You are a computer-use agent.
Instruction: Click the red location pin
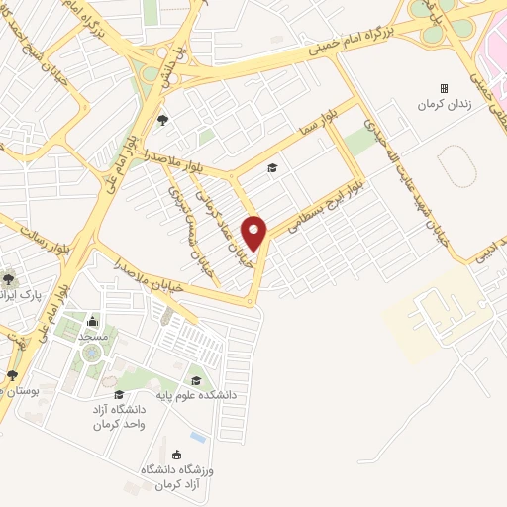254,233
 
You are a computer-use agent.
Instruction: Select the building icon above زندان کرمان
443,88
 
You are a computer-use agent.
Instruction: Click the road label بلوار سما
322,124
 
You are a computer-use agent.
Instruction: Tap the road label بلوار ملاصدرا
145,157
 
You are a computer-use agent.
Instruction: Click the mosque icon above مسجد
93,321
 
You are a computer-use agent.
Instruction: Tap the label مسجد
93,337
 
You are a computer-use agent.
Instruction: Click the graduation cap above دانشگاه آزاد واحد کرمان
119,394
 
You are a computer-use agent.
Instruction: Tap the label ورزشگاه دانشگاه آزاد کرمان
176,474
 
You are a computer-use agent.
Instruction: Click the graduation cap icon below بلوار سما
272,167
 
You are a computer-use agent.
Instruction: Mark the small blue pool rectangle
198,437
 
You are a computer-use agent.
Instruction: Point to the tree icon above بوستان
12,375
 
